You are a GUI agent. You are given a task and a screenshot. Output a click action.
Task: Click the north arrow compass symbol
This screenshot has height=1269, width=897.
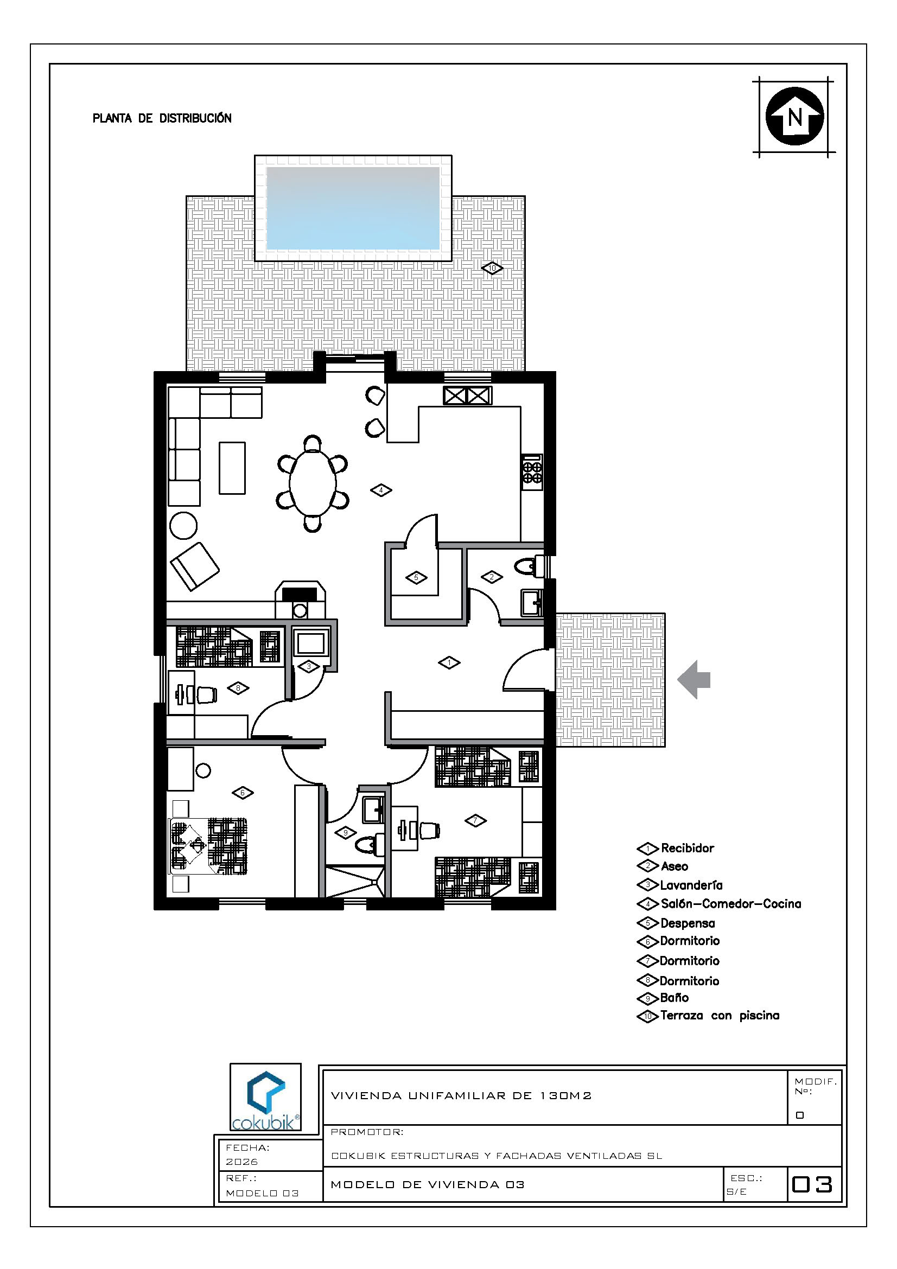click(794, 117)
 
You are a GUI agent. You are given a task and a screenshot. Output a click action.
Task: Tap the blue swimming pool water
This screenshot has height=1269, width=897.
click(353, 208)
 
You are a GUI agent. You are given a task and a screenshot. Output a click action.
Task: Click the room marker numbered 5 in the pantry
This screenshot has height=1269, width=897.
click(416, 578)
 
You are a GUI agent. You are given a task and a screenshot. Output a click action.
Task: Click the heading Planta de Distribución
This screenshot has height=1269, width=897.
click(162, 118)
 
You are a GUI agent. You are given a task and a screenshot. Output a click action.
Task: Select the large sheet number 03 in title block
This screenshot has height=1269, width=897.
click(812, 1184)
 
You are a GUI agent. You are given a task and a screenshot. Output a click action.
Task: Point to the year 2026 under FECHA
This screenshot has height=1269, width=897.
click(241, 1162)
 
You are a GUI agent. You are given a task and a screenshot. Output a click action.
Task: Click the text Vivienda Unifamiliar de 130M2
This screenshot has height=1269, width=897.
click(461, 1095)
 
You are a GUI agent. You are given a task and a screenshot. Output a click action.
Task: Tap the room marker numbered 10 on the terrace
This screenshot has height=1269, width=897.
click(492, 268)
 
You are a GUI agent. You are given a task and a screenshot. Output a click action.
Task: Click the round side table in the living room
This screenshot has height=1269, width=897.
click(183, 525)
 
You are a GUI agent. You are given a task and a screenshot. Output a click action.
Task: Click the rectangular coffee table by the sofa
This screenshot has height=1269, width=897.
click(232, 468)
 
